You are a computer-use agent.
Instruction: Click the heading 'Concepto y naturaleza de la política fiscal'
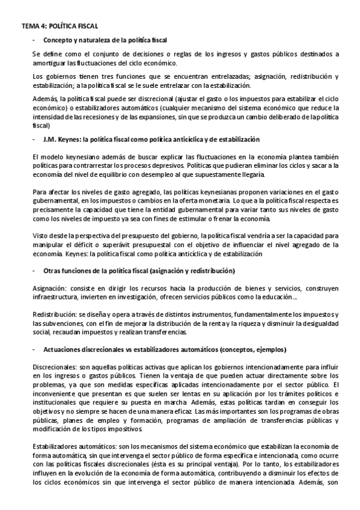click(x=106, y=40)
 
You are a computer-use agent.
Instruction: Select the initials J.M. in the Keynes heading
click(x=50, y=140)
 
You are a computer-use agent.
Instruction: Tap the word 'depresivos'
click(x=162, y=164)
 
